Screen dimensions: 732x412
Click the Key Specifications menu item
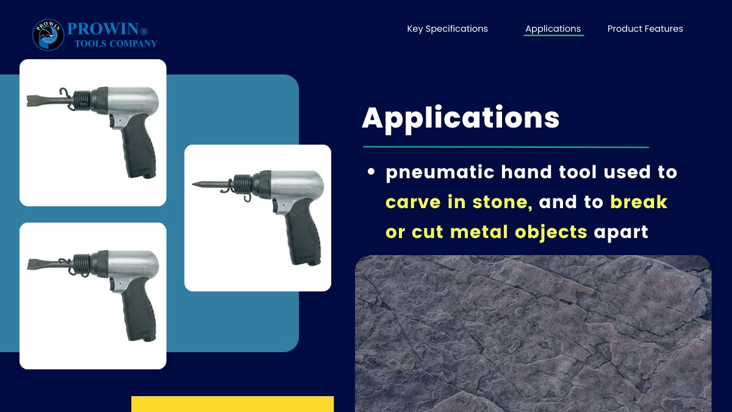447,29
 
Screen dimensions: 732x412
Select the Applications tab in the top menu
553,29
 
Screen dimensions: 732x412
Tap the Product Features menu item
645,29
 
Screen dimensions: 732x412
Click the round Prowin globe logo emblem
48,35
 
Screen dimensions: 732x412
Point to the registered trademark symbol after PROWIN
144,31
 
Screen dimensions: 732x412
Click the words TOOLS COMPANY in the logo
116,43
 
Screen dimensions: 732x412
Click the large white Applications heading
461,118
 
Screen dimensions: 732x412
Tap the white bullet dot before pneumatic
371,172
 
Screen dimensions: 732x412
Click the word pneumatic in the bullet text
440,173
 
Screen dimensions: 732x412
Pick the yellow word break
639,201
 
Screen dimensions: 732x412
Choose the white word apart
621,233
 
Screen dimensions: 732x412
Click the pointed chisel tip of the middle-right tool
193,184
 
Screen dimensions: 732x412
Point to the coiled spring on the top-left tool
81,99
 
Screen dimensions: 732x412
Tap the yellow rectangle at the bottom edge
232,404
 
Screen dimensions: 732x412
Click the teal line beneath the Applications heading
506,147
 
